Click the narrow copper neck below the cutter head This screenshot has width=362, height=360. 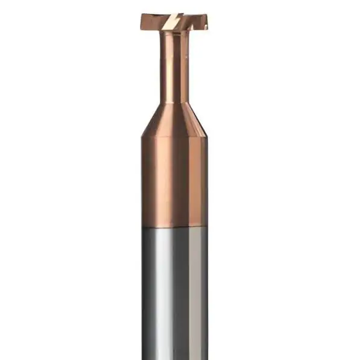click(x=175, y=66)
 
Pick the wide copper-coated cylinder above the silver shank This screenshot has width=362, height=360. click(x=175, y=181)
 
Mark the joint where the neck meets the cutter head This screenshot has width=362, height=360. click(x=174, y=31)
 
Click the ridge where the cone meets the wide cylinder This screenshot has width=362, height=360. click(x=174, y=137)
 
